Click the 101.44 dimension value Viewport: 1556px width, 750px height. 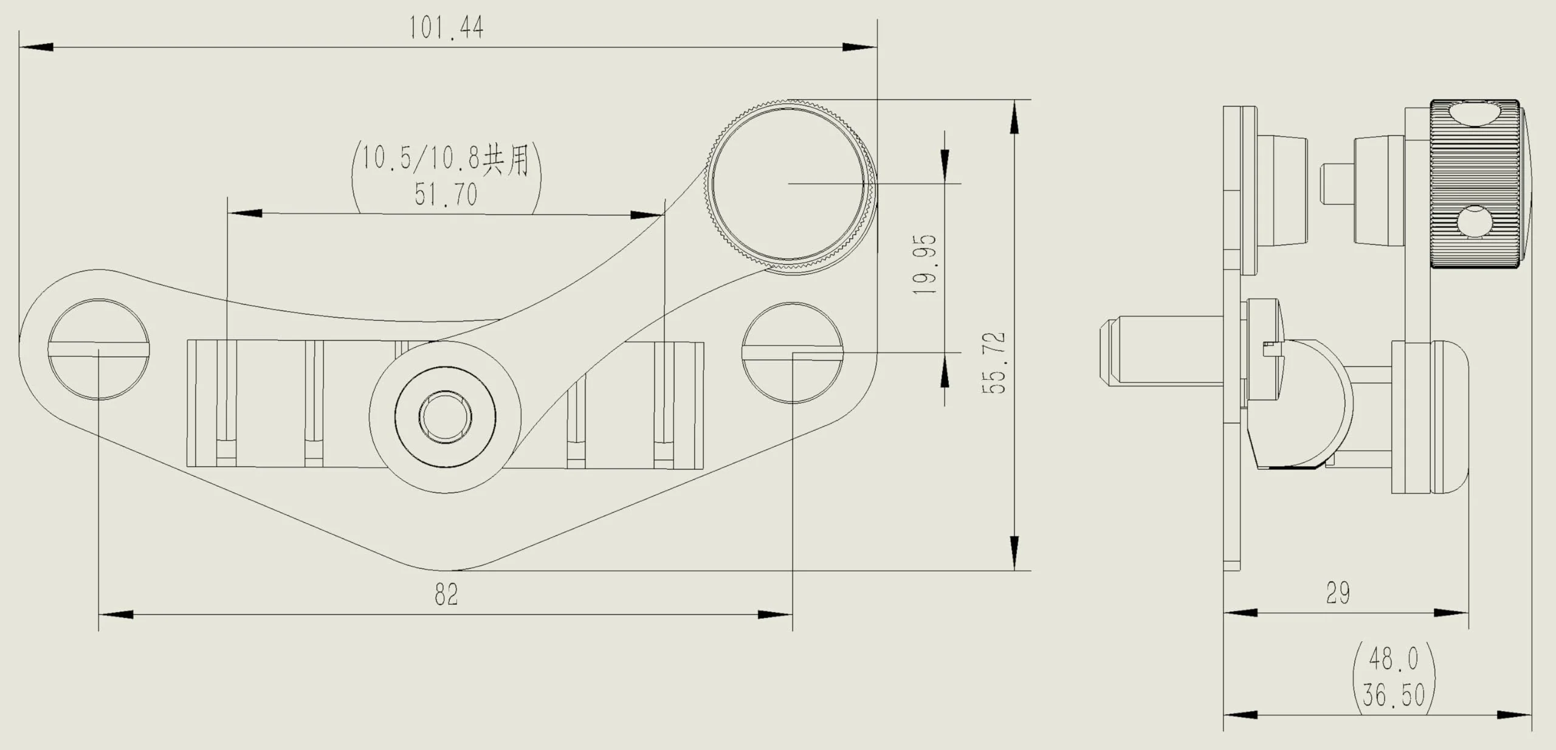coord(446,28)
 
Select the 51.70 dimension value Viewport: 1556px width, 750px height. coord(446,194)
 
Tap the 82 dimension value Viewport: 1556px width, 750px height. coord(446,594)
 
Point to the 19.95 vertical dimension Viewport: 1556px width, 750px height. coord(925,264)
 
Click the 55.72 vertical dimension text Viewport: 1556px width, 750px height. coord(994,363)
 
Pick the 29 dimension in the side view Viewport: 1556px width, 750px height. coord(1338,593)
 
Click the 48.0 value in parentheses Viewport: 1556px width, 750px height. coord(1394,659)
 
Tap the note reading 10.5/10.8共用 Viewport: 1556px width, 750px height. coord(446,159)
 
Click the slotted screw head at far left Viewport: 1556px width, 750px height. coord(98,349)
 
